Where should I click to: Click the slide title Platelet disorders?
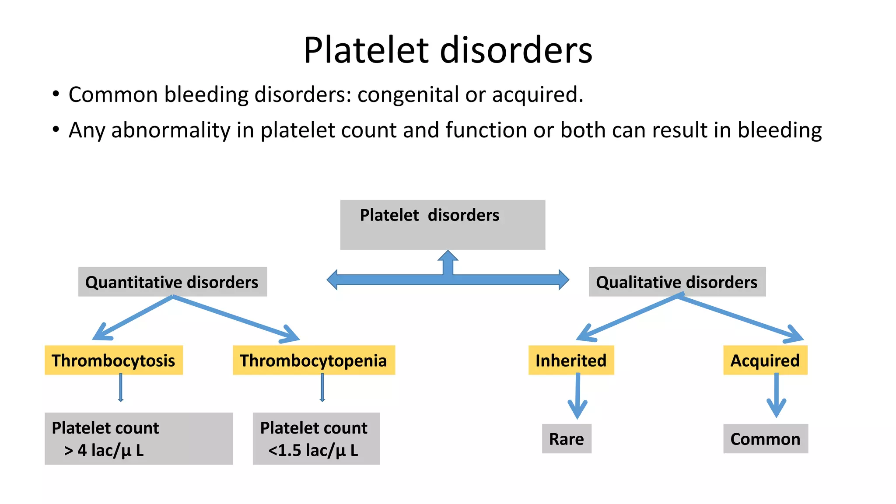pos(448,50)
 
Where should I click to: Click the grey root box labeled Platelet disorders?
pos(442,224)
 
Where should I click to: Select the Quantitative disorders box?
pos(172,282)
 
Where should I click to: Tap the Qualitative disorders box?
pos(677,282)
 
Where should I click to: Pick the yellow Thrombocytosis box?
pos(113,360)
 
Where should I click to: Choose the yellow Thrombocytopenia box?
pos(313,360)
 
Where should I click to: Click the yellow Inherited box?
pos(571,360)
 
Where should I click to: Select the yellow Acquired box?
pos(765,360)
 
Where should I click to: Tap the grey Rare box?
pos(566,439)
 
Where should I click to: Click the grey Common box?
pos(765,439)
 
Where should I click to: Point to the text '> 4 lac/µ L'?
pos(104,451)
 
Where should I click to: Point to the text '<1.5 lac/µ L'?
pos(313,451)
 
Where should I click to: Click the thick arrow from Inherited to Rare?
pos(577,396)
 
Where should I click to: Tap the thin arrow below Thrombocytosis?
pos(121,388)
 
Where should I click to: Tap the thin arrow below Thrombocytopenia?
pos(322,388)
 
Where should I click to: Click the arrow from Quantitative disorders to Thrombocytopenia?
pos(236,318)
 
